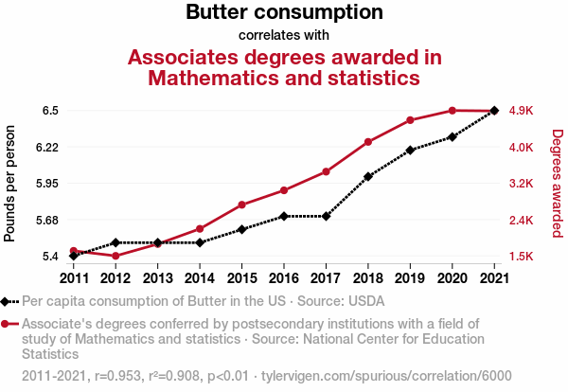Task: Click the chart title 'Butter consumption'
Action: (x=284, y=13)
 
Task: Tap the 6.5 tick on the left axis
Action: (x=50, y=111)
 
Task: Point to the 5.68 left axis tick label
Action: (x=46, y=221)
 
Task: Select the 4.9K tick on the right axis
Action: (x=522, y=111)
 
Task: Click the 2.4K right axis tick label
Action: (x=522, y=221)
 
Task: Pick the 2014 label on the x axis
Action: (x=200, y=277)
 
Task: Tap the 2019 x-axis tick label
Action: (x=410, y=277)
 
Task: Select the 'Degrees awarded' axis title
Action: (x=557, y=183)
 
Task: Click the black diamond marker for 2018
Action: (x=368, y=176)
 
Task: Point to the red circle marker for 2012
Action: (x=115, y=256)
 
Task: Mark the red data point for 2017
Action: (x=326, y=171)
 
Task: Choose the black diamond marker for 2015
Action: (x=241, y=229)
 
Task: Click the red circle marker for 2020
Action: (x=453, y=111)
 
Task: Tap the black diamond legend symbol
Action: (x=8, y=302)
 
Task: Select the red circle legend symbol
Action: (x=8, y=323)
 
